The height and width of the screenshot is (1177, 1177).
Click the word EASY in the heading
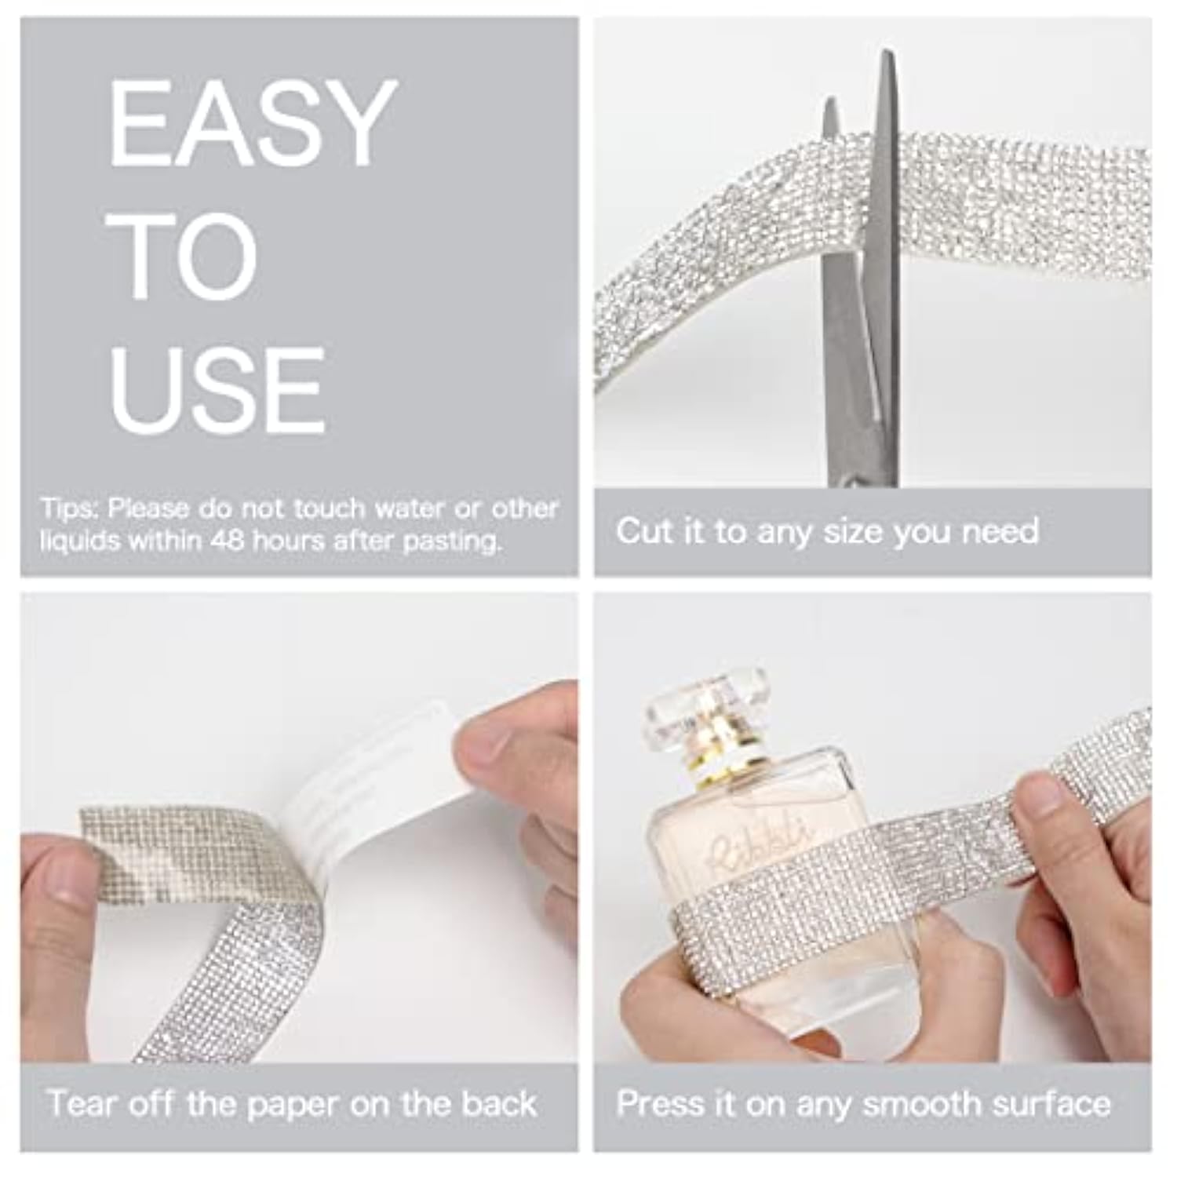pyautogui.click(x=250, y=122)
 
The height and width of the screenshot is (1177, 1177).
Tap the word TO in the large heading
pyautogui.click(x=182, y=256)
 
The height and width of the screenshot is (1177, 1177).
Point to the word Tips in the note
pyautogui.click(x=70, y=508)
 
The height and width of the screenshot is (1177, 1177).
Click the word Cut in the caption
pyautogui.click(x=643, y=531)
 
